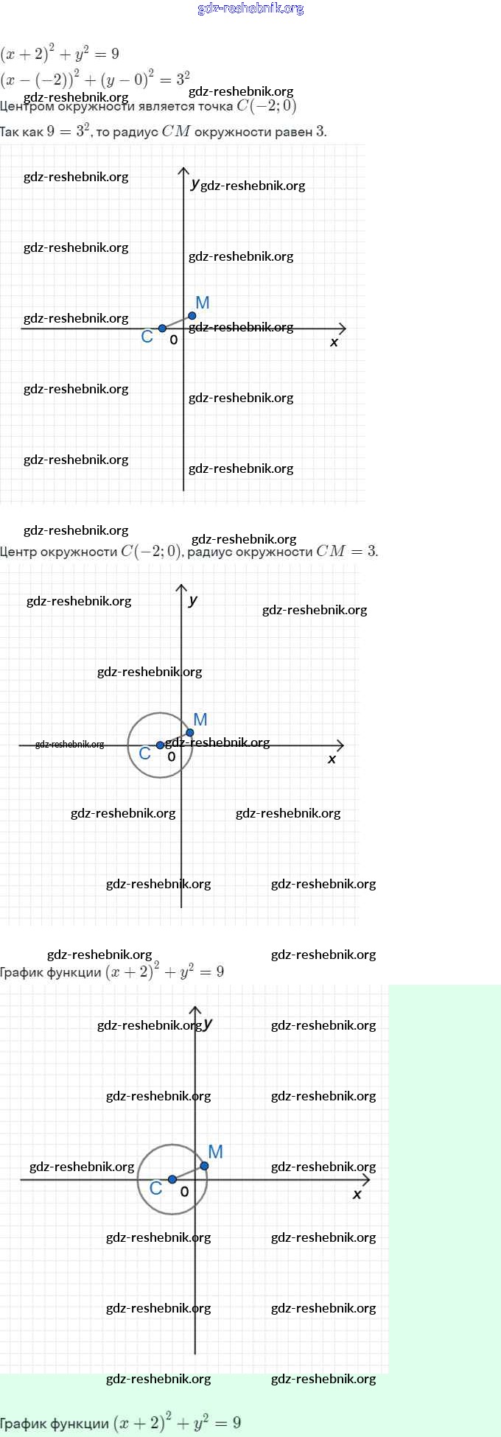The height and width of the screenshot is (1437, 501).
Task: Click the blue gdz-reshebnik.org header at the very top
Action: (x=251, y=9)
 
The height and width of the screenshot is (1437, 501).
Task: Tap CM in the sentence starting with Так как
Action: (x=176, y=132)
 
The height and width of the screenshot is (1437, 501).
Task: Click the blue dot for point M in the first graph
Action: (x=192, y=316)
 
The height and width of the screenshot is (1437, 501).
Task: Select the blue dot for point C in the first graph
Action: (x=163, y=328)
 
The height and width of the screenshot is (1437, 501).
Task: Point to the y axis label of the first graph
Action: (x=195, y=183)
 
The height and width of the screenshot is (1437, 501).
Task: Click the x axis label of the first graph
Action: (x=334, y=342)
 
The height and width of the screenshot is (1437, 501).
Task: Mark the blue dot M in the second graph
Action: (x=190, y=732)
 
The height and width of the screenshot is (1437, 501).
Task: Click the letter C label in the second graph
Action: (x=145, y=753)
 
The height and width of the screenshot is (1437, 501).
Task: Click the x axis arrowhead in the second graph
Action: (x=340, y=745)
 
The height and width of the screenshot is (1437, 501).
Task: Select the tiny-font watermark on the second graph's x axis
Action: (x=69, y=744)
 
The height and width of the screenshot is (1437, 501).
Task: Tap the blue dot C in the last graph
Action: (x=172, y=1179)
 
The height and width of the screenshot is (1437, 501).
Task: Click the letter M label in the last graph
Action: (x=216, y=1152)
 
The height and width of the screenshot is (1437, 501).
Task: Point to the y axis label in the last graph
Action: (x=209, y=1024)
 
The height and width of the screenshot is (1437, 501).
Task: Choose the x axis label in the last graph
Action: (x=357, y=1194)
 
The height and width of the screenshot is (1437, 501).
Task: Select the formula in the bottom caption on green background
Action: (x=177, y=1422)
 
